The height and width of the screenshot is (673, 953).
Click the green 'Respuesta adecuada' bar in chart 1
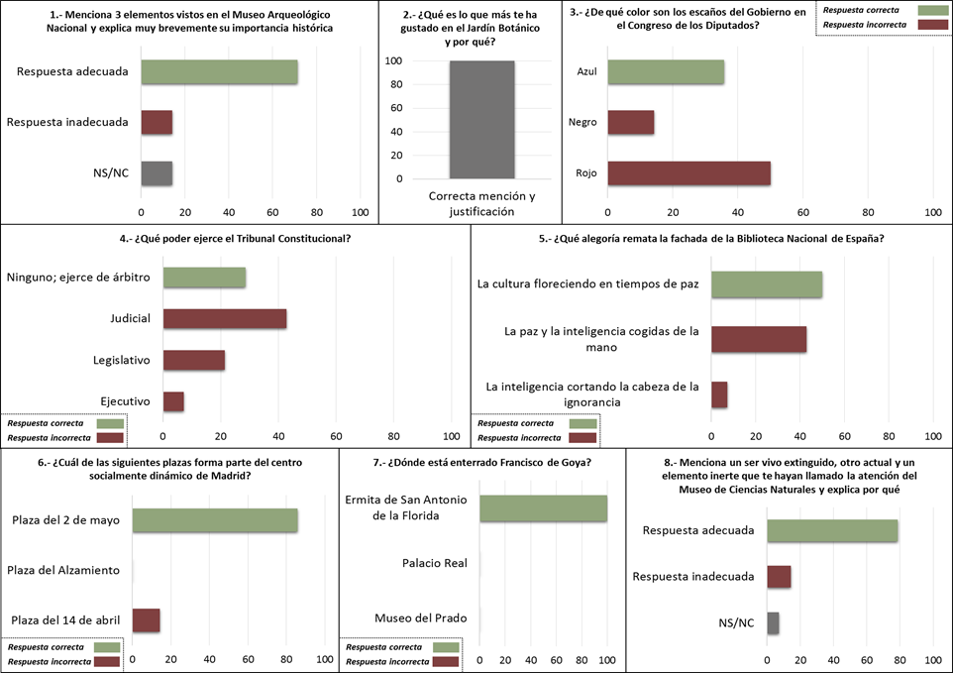coord(219,72)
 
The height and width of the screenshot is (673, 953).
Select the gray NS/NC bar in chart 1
coord(157,173)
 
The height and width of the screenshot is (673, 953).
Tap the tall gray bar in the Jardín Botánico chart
coord(481,120)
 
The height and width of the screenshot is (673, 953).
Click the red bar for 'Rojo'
coord(688,173)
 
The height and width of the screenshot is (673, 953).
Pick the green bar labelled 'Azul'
coord(666,72)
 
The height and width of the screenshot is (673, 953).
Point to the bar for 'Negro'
coord(631,123)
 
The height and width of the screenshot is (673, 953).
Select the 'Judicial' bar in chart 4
coord(225,319)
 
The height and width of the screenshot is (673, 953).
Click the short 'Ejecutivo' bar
coord(173,401)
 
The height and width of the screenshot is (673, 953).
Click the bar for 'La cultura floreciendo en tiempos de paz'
coord(767,284)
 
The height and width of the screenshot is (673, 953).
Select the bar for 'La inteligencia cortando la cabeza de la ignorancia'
coord(719,394)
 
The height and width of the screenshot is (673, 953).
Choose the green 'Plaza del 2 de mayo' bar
coord(215,520)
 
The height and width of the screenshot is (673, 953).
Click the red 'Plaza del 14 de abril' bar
coord(146,620)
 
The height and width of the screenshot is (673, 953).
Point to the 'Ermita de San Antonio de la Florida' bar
coord(543,508)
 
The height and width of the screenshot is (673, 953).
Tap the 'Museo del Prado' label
coord(420,618)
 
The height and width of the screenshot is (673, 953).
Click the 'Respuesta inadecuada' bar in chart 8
coord(779,577)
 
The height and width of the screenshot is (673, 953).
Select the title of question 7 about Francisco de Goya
coord(481,462)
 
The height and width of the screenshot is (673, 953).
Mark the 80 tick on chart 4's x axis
coord(394,436)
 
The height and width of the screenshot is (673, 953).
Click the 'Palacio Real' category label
coord(434,563)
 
